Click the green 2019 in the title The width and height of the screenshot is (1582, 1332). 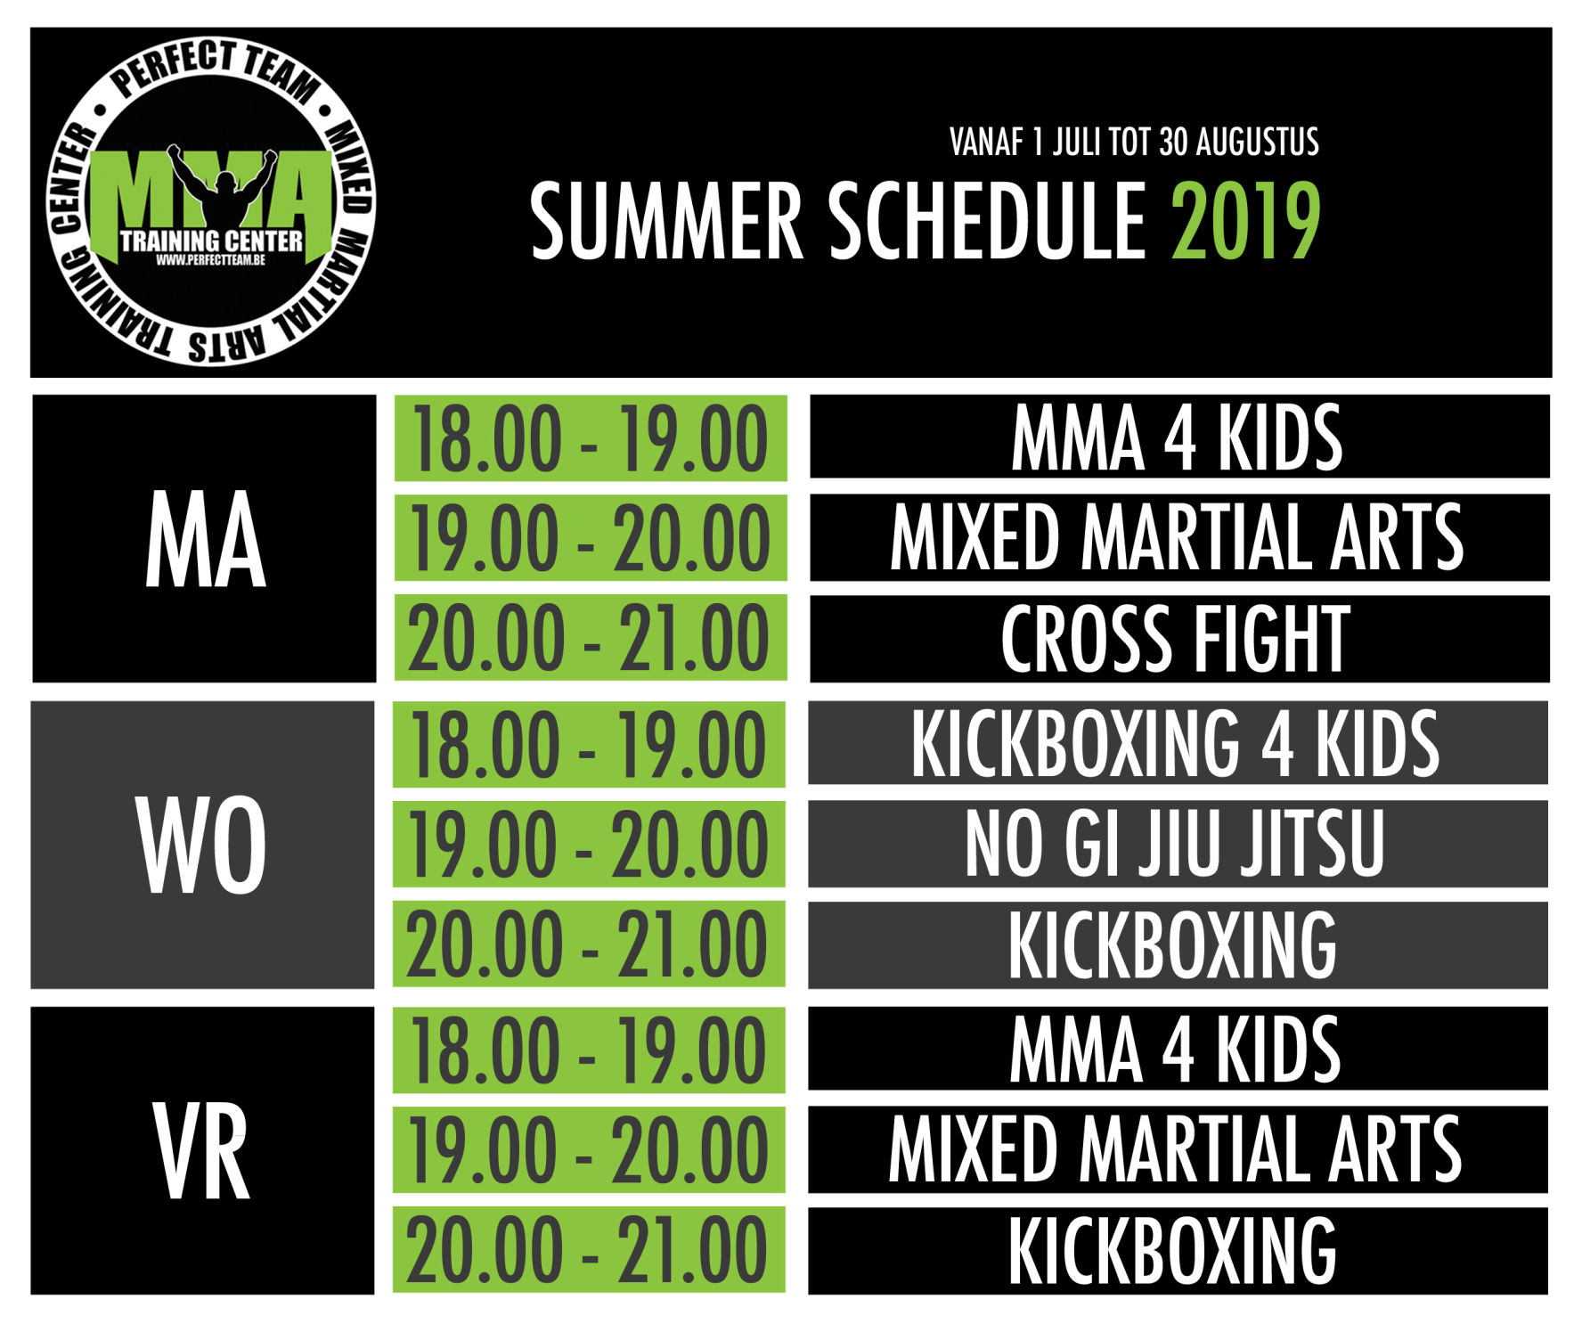pyautogui.click(x=1245, y=221)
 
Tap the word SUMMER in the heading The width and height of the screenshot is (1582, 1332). pyautogui.click(x=666, y=221)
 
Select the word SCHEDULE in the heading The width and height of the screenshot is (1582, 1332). pyautogui.click(x=988, y=221)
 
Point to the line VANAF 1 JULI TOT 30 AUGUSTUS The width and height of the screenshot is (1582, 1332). pyautogui.click(x=1134, y=143)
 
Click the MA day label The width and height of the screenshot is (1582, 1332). pyautogui.click(x=205, y=540)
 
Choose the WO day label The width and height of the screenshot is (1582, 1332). pyautogui.click(x=202, y=845)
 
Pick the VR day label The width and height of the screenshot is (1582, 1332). pyautogui.click(x=202, y=1151)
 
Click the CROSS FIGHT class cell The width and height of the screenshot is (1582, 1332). pyautogui.click(x=1179, y=639)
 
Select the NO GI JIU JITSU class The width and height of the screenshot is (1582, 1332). pyautogui.click(x=1178, y=843)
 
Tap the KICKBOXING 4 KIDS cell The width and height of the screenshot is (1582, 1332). pyautogui.click(x=1178, y=743)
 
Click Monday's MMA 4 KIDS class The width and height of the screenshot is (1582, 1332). pyautogui.click(x=1179, y=437)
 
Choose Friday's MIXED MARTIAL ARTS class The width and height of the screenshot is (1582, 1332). pyautogui.click(x=1178, y=1149)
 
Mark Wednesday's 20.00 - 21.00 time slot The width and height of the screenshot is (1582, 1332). pyautogui.click(x=589, y=944)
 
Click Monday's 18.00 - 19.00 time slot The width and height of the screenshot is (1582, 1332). pyautogui.click(x=591, y=438)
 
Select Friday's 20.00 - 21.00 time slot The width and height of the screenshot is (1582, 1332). pyautogui.click(x=589, y=1250)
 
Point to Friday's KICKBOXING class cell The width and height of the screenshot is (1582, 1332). pyautogui.click(x=1178, y=1251)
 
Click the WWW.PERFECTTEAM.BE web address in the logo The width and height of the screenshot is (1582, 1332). pyautogui.click(x=210, y=260)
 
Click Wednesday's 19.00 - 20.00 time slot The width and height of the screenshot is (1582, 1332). pyautogui.click(x=589, y=844)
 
